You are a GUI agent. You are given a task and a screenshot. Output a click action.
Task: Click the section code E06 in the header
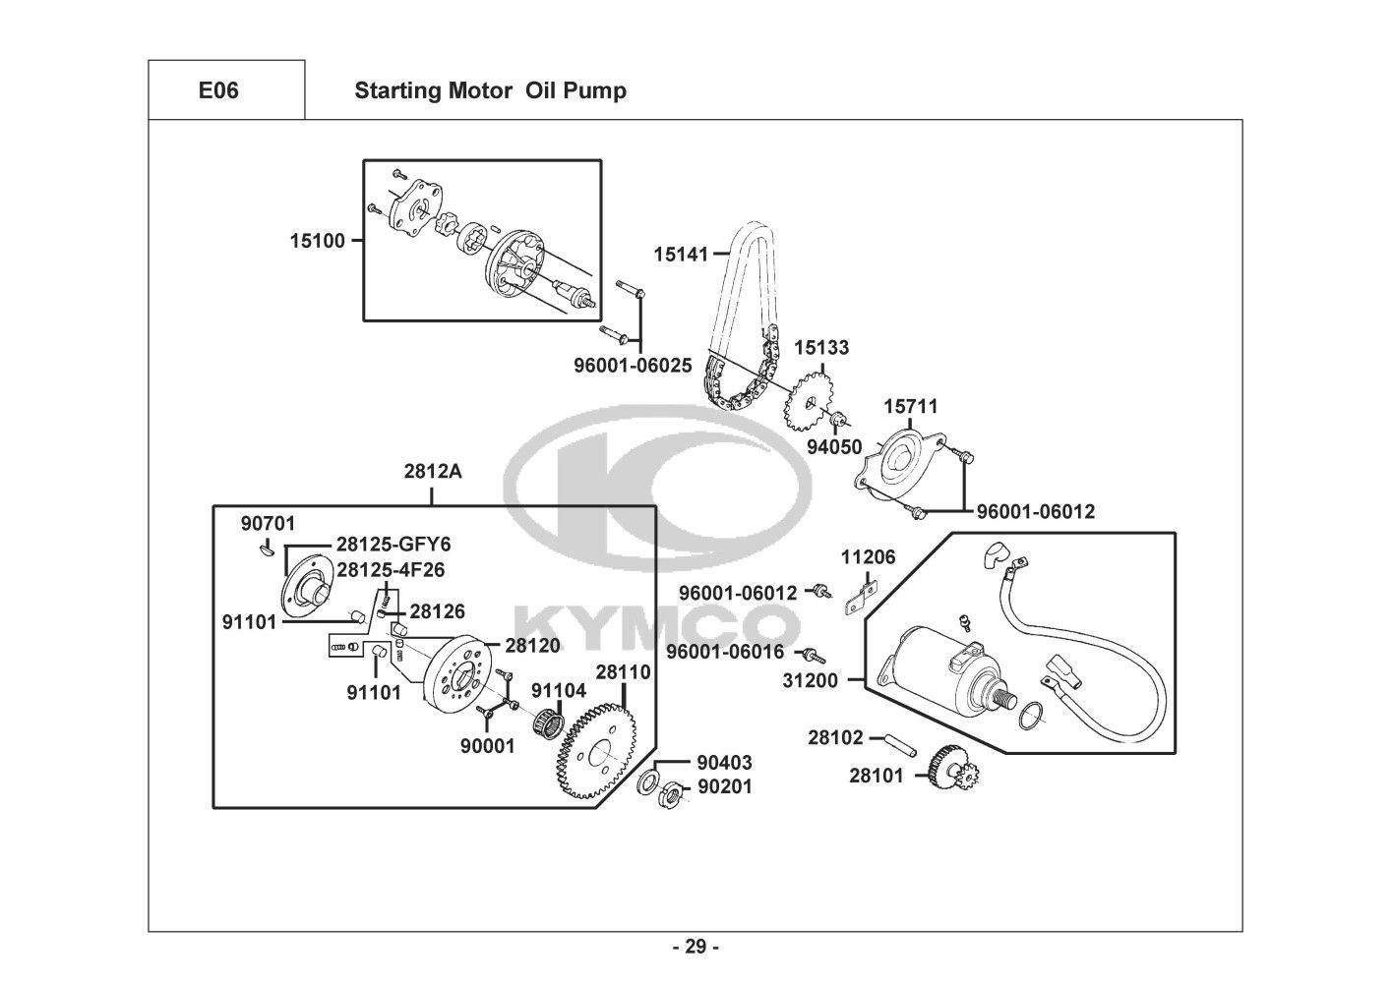coord(218,91)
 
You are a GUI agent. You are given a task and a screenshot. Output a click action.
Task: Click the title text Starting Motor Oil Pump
coord(490,91)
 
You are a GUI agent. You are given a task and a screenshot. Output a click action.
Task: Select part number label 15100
coord(317,240)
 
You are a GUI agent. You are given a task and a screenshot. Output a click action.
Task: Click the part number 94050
coord(834,447)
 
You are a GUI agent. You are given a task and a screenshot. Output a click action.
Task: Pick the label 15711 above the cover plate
coord(910,406)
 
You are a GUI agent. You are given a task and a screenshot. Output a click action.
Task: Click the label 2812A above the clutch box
coord(433,471)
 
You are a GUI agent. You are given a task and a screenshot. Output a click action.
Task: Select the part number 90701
coord(268,523)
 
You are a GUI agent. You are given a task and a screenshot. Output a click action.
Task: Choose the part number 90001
coord(487,746)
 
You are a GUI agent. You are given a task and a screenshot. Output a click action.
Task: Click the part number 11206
coord(868,557)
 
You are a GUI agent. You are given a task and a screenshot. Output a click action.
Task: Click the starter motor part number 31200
coord(811,679)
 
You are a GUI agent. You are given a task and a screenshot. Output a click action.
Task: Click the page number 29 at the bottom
coord(696,948)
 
